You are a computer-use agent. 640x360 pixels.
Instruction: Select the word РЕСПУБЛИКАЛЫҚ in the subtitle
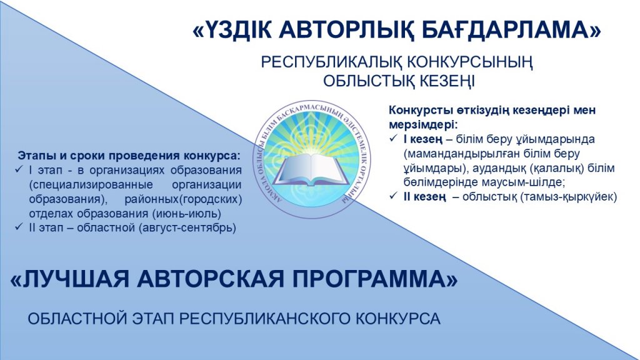coord(331,63)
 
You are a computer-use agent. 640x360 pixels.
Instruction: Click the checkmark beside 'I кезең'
coord(394,139)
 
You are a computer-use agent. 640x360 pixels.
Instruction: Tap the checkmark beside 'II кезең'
coord(394,196)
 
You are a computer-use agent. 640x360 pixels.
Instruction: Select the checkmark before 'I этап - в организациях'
coord(19,169)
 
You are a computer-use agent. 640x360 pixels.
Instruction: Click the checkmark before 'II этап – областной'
coord(19,227)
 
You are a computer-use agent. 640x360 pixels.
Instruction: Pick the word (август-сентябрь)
coord(187,227)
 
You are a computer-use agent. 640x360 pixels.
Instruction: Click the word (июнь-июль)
coord(186,214)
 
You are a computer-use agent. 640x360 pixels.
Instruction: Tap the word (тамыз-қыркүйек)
coord(569,197)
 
